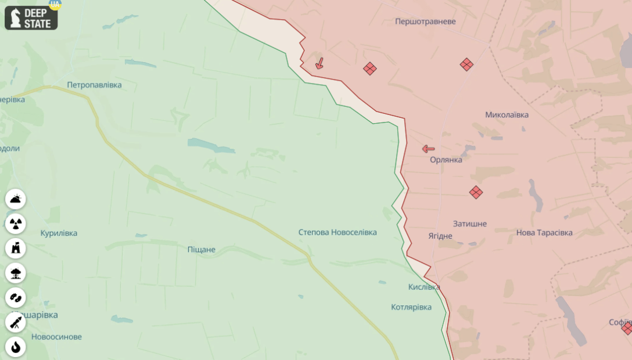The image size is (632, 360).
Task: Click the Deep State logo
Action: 31,18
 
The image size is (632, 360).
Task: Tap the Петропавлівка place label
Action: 94,85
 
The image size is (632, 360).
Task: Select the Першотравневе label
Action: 425,21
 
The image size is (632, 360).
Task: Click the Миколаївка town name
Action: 507,115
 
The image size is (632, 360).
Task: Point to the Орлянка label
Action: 446,160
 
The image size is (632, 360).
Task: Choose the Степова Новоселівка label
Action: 337,232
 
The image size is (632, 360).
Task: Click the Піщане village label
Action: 202,250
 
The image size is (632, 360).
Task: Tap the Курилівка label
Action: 59,233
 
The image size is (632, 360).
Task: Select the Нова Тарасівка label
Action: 544,233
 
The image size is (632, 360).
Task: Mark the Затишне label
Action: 470,224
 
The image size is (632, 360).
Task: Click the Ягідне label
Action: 440,236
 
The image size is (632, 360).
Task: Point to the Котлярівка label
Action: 411,307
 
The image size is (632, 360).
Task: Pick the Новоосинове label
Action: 56,337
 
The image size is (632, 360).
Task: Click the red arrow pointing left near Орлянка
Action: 428,149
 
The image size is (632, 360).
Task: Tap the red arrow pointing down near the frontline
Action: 319,63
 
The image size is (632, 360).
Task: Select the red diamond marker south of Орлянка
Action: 476,192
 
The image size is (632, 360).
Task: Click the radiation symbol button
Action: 16,224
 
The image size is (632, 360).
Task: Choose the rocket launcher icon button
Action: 16,322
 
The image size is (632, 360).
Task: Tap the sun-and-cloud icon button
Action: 16,199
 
